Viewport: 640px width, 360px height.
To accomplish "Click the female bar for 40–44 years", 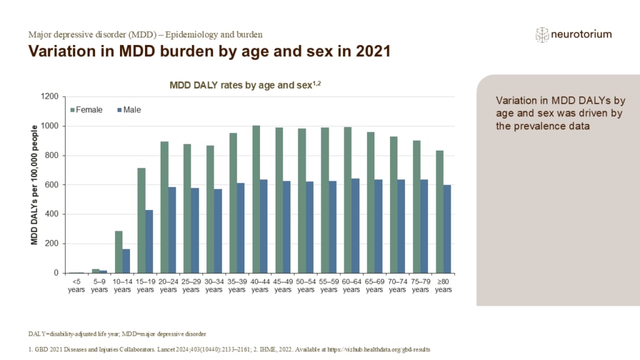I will [256, 199].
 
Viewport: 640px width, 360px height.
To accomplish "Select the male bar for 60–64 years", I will [355, 226].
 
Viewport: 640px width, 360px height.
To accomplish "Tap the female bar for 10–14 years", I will [119, 252].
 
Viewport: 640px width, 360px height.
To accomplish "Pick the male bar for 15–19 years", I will [149, 241].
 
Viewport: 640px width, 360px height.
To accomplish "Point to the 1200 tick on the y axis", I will [50, 97].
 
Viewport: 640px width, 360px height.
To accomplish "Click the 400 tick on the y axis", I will [52, 214].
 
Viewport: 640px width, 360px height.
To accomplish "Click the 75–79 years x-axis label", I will [421, 285].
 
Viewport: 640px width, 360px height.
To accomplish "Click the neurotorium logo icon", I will [541, 35].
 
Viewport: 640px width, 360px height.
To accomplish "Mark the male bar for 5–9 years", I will [103, 271].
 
